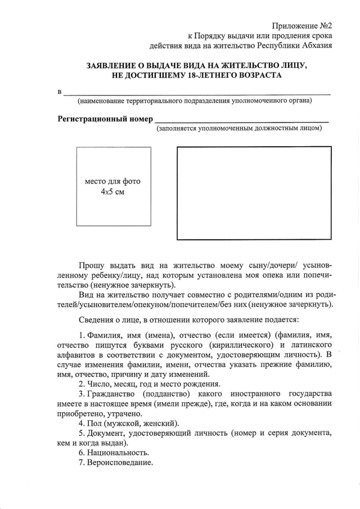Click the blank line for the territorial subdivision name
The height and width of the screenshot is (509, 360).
pyautogui.click(x=196, y=92)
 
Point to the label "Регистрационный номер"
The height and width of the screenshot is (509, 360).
pyautogui.click(x=105, y=119)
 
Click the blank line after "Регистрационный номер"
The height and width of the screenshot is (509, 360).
pyautogui.click(x=241, y=120)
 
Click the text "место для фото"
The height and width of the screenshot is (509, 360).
pyautogui.click(x=112, y=182)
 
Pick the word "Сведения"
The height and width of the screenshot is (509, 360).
pyautogui.click(x=96, y=321)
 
